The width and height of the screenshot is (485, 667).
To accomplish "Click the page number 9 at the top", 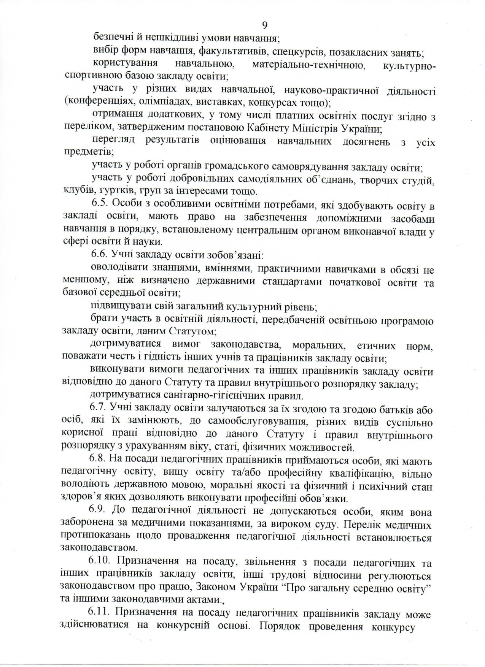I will (265, 25).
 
